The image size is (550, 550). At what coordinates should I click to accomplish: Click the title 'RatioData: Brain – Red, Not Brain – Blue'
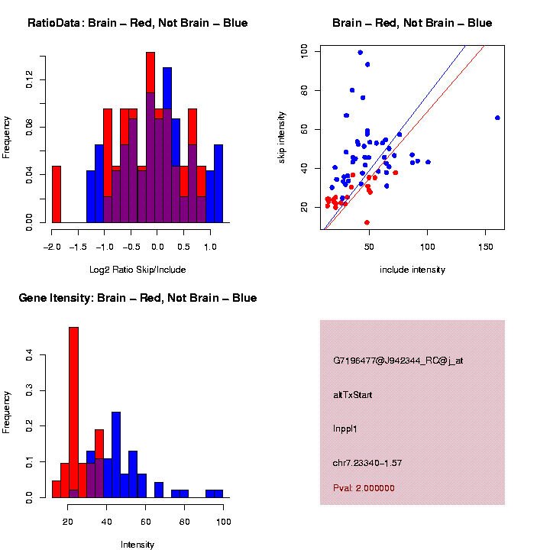pos(137,23)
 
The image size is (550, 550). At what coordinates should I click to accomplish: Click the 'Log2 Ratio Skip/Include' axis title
pos(137,270)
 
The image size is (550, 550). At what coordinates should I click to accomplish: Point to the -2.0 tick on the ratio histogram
pos(52,247)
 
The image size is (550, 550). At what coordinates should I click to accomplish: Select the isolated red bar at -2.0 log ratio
pos(56,194)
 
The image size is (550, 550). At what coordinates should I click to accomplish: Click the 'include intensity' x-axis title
pos(412,270)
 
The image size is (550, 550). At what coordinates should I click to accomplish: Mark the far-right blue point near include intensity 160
pos(497,118)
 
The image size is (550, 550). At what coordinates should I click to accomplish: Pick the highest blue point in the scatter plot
pos(360,53)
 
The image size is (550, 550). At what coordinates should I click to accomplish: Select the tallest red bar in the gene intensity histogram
pos(74,412)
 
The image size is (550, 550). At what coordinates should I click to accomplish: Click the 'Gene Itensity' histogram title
pos(137,298)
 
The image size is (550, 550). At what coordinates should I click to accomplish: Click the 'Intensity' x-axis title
pos(137,545)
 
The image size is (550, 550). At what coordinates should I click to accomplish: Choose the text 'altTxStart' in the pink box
pos(353,395)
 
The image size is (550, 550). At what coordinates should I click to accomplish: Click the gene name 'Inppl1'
pos(345,429)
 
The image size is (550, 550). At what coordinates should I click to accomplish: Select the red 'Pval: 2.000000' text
pos(364,487)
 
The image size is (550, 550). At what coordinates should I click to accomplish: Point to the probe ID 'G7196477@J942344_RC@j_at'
pos(397,361)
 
